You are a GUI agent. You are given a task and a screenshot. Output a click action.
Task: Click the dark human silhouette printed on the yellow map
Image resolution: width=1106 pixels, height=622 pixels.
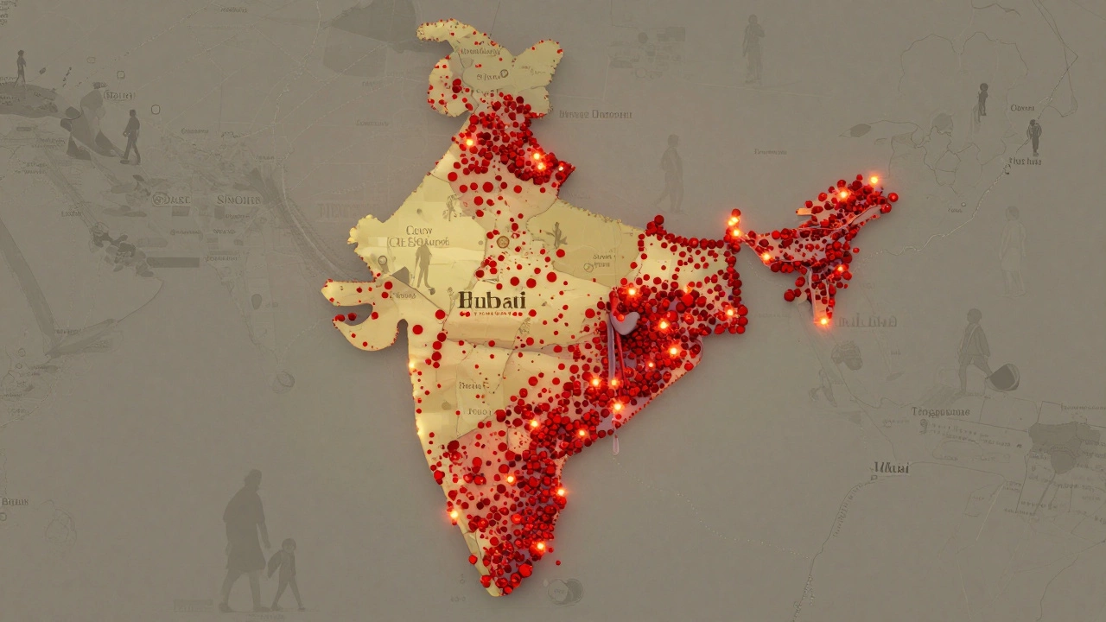tap(423, 264)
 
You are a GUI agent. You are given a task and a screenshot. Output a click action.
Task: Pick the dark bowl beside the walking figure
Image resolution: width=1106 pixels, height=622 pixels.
tap(1004, 376)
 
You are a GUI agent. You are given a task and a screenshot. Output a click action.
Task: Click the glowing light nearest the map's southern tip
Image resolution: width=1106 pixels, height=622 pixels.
tap(541, 546)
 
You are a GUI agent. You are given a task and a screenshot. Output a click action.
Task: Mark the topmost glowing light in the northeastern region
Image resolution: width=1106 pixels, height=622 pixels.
tap(873, 181)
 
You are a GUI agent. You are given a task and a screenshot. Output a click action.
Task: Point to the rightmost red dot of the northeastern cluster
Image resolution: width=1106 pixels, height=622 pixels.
tap(893, 197)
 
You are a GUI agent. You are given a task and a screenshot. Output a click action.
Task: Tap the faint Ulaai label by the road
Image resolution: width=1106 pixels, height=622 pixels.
tap(891, 468)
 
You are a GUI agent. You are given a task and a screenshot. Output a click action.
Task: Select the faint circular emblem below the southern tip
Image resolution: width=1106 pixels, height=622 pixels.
tap(564, 591)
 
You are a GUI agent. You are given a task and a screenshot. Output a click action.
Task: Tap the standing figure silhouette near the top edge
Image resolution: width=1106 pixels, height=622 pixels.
tap(753, 48)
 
